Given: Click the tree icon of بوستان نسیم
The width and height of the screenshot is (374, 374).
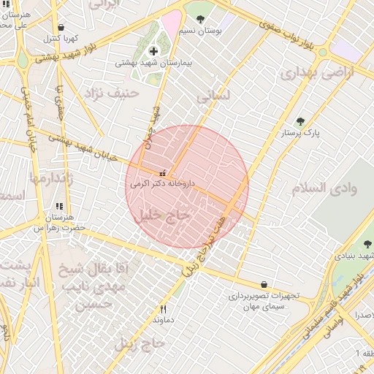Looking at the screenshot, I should click(200, 20).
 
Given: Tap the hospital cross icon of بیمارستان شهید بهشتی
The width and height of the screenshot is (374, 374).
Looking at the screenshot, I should click(153, 50).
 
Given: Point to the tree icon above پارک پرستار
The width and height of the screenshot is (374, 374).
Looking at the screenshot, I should click(300, 122).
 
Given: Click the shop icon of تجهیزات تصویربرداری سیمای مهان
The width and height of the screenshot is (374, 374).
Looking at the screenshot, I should click(264, 284).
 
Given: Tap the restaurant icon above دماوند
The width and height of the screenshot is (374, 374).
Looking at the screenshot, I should click(163, 309).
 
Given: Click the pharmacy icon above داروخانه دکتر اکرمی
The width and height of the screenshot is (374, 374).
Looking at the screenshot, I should click(162, 174).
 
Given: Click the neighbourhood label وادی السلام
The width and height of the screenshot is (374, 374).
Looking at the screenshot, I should click(324, 188).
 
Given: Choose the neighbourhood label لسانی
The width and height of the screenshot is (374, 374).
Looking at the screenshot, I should click(213, 95).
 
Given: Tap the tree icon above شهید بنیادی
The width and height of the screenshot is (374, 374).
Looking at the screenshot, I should click(367, 244).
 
